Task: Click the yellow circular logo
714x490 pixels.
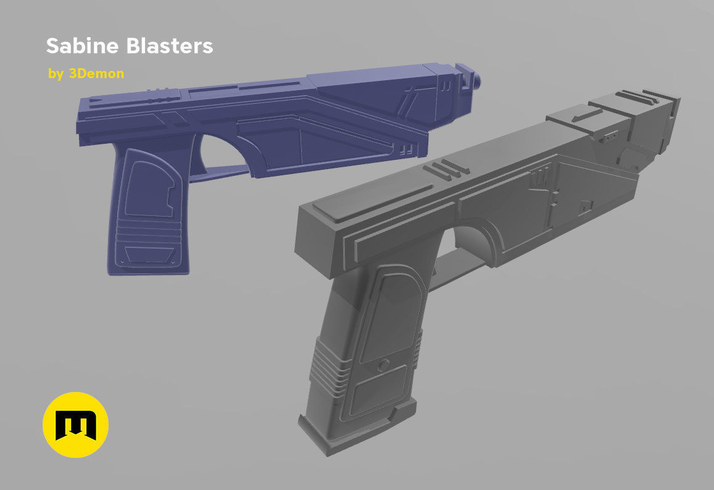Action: (75, 425)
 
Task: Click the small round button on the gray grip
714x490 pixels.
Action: (383, 365)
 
